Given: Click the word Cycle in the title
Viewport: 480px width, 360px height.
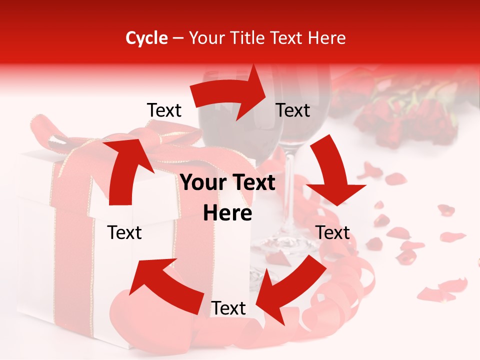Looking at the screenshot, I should tap(146, 38).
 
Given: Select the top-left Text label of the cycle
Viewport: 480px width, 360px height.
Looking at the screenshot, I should tap(164, 110).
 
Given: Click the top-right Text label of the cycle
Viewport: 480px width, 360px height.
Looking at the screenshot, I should tap(293, 110).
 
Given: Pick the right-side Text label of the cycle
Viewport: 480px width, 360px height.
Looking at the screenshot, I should tap(333, 232).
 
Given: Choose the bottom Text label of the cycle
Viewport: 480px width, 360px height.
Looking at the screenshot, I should tap(228, 308).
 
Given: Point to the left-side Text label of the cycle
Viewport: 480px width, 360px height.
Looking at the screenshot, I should tap(125, 232).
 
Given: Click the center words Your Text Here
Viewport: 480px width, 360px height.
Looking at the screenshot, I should tap(228, 198).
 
